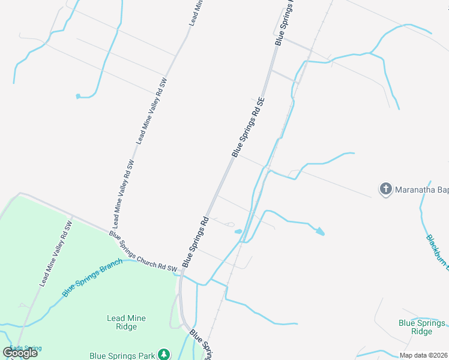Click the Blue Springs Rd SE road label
pos(248,127)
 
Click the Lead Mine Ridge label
pos(127,322)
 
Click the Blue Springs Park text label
pos(122,355)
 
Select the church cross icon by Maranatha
pos(385,190)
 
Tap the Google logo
pos(20,352)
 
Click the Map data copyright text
pos(424,355)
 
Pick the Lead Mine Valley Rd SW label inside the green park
pos(56,253)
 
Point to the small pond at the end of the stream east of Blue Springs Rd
pos(321,231)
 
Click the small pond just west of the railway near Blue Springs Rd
pos(238,232)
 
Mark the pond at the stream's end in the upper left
pos(78,96)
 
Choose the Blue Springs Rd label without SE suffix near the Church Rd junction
pos(194,241)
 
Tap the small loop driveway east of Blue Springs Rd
pos(230,224)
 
